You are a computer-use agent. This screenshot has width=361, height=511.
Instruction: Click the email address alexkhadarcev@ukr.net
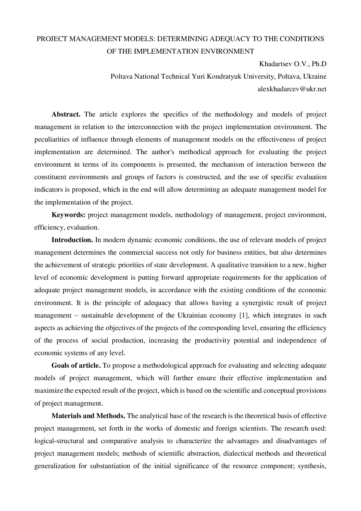tap(292, 89)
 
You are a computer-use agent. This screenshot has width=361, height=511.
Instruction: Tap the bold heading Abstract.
tap(66, 114)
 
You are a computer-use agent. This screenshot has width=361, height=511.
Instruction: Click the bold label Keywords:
tap(68, 215)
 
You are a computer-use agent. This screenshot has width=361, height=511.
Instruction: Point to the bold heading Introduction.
tap(72, 240)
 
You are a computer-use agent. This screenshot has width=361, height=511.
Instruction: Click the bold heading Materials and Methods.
tap(89, 415)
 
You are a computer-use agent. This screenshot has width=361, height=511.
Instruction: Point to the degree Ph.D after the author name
tap(319, 64)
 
